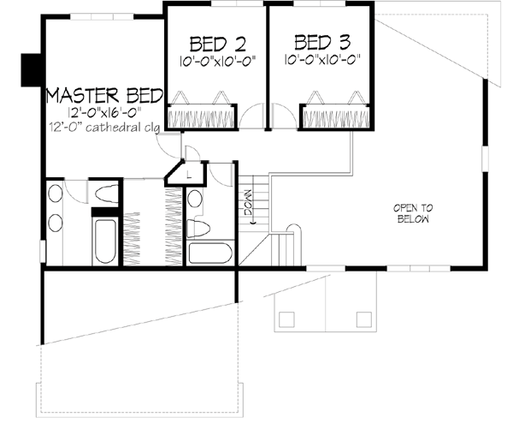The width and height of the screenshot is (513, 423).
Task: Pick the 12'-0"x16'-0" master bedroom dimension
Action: tap(100, 111)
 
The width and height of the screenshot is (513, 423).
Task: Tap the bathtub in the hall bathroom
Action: tap(209, 253)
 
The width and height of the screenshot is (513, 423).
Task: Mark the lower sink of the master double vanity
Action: tap(54, 224)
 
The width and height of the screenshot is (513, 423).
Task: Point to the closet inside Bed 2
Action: tap(200, 114)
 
